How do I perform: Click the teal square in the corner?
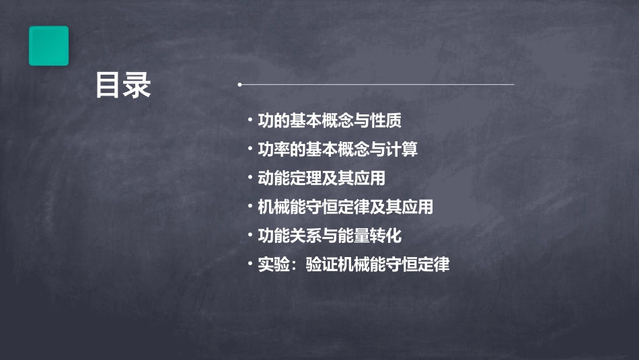(48, 46)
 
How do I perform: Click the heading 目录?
(122, 86)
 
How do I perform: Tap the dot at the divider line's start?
(239, 85)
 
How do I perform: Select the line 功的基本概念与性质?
(330, 121)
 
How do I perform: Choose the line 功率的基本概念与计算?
(338, 149)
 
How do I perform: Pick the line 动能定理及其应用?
(322, 178)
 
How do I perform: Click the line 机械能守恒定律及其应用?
(345, 207)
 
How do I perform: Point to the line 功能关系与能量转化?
(330, 236)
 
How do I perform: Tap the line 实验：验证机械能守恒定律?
(353, 264)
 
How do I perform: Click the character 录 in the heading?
(137, 86)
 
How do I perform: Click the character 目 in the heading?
(108, 86)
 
